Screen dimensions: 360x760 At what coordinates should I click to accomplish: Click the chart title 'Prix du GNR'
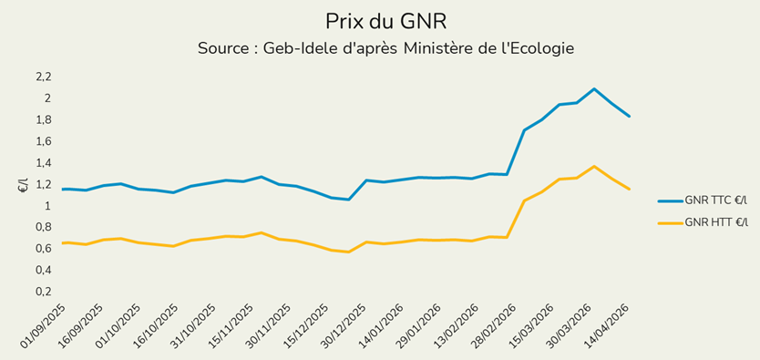point(385,20)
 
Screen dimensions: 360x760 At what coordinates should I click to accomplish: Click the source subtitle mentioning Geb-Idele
point(385,47)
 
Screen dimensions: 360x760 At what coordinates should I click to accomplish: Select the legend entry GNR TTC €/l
point(714,201)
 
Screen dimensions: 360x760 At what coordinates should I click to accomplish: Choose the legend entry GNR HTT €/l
point(715,221)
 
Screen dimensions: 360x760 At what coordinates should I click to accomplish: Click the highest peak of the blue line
point(594,88)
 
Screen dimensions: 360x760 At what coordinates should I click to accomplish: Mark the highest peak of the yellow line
point(594,166)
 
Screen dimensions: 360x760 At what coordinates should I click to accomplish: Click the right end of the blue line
point(630,117)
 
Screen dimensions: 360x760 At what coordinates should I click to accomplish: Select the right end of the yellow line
point(630,190)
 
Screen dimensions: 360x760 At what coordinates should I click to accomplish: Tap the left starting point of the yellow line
point(62,242)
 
